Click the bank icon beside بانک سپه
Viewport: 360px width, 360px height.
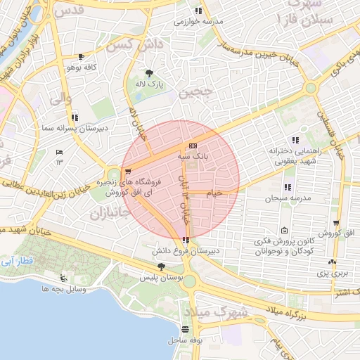[193, 146]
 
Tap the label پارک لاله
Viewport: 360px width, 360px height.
[149, 84]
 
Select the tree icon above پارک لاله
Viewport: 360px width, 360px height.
[149, 73]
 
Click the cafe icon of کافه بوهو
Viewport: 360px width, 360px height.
[82, 57]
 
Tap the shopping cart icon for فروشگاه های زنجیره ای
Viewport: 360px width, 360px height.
[127, 172]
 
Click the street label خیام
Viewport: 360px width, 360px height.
[214, 192]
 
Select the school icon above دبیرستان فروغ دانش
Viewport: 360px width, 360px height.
[186, 240]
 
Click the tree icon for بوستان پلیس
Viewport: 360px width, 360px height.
[162, 266]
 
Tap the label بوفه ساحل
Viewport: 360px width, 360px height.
[186, 340]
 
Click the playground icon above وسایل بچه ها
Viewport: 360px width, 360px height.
[65, 277]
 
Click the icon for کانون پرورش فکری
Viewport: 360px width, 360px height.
[284, 231]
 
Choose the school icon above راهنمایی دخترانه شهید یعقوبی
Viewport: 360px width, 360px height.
[295, 139]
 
